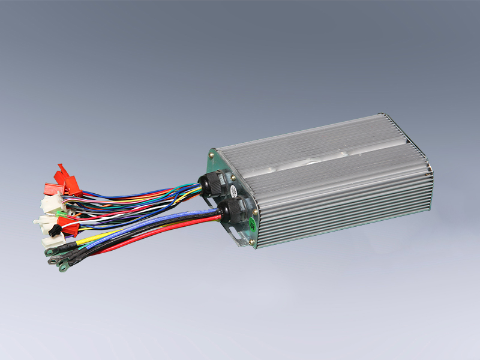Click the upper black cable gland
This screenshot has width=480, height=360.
(x=211, y=182)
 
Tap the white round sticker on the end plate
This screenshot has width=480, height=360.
(x=232, y=191)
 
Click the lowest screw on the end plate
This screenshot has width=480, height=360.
(x=252, y=242)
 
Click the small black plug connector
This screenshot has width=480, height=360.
(x=53, y=229)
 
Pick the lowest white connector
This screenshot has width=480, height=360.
(x=51, y=241)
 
